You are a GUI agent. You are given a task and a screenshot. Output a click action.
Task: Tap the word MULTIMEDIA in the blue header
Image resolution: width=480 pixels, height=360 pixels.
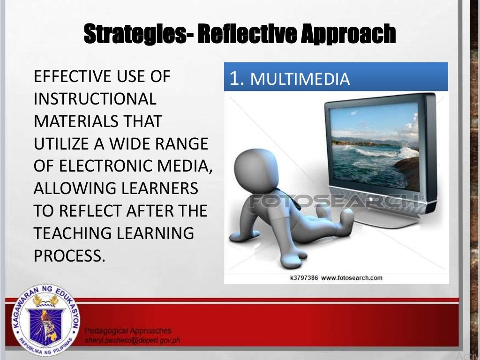pyautogui.click(x=300, y=80)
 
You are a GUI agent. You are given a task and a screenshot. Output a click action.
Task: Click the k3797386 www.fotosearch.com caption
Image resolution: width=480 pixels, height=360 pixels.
pyautogui.click(x=336, y=277)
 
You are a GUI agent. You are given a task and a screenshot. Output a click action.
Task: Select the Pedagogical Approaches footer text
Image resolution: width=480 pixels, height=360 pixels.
pyautogui.click(x=128, y=331)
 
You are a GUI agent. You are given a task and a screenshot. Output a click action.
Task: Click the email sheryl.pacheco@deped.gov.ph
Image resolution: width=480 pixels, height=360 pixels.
pyautogui.click(x=133, y=340)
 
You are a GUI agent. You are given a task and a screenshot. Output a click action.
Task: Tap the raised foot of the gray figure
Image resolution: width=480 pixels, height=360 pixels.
pyautogui.click(x=345, y=217)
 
